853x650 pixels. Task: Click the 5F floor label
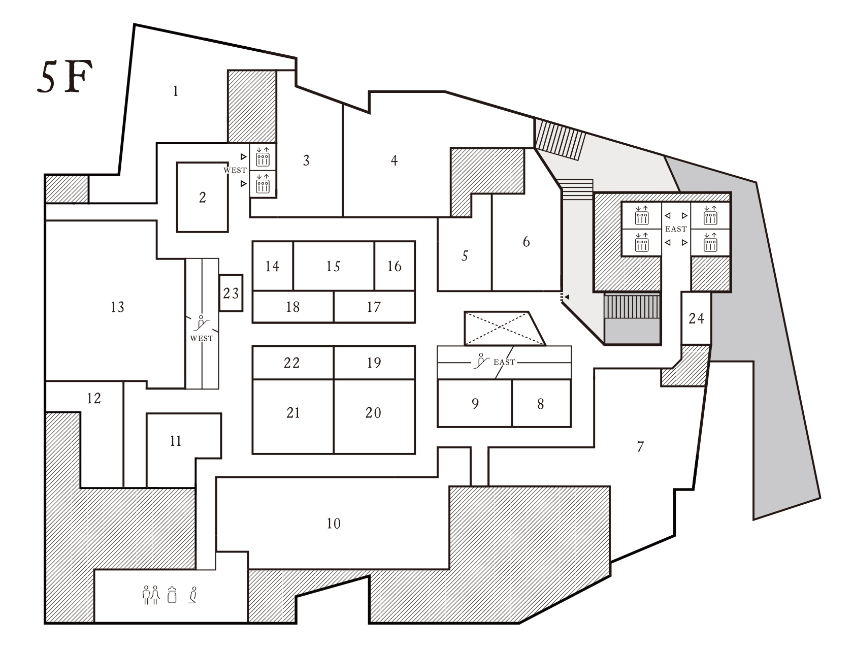65,77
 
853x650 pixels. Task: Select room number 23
231,293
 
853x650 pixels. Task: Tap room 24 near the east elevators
696,318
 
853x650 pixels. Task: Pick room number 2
203,198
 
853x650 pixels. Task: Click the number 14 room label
272,266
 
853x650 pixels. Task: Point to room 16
394,266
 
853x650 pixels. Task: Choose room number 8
541,404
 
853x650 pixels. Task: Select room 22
291,363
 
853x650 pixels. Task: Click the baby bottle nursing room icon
172,595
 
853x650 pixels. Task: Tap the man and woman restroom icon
151,595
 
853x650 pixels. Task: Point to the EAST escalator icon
481,361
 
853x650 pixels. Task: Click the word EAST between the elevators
676,229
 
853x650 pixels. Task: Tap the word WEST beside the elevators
235,170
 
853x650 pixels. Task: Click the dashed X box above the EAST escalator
504,329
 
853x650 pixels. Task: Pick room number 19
374,363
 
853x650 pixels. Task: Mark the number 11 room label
175,441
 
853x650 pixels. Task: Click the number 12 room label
93,398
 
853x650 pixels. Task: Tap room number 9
475,403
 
